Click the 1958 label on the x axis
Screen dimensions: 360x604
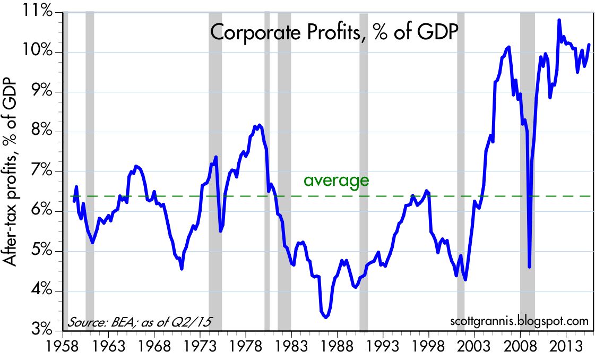coord(63,345)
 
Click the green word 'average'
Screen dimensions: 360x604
coord(336,181)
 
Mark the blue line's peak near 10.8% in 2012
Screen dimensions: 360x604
coord(559,21)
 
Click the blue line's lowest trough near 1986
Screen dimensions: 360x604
coord(326,316)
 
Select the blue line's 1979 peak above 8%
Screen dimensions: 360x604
coord(259,125)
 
